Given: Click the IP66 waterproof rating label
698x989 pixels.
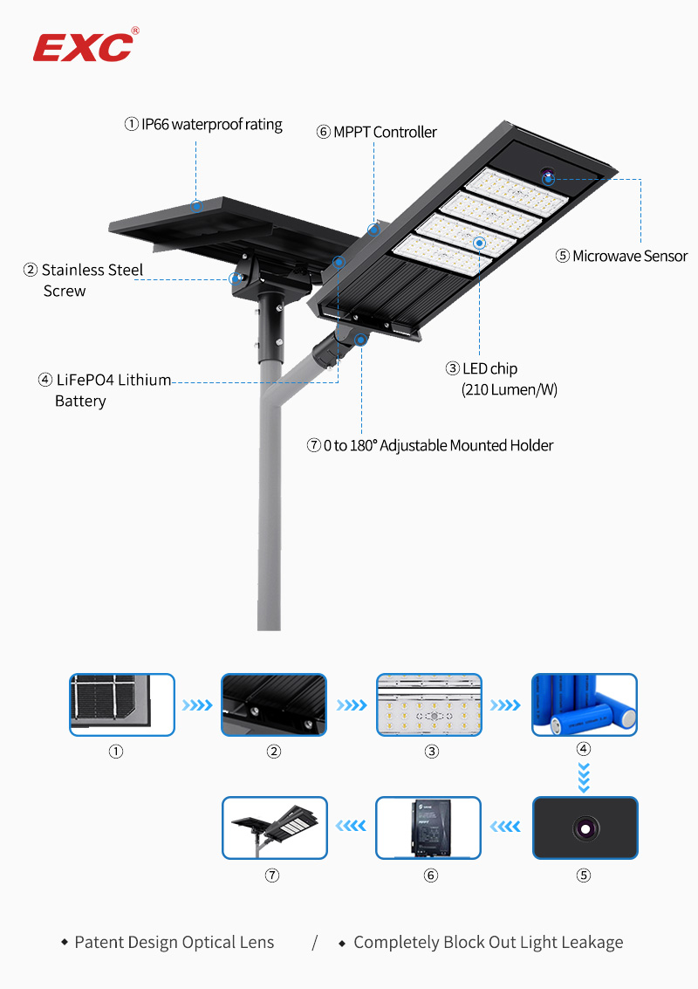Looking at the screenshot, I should tap(204, 125).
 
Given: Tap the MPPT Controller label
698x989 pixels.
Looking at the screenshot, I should tap(377, 133).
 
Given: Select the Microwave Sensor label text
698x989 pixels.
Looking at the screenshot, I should tap(622, 257).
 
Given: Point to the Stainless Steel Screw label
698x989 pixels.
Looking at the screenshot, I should tap(84, 280).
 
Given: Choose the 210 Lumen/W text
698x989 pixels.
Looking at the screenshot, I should tap(509, 390).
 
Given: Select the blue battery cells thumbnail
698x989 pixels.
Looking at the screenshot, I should tap(585, 704).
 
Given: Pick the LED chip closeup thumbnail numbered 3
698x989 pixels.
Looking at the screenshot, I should tap(429, 704).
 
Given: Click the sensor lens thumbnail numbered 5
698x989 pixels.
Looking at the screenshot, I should tap(585, 827).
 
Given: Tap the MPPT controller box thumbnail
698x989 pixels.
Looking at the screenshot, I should tap(428, 827).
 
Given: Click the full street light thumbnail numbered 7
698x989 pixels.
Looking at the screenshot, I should tap(275, 827).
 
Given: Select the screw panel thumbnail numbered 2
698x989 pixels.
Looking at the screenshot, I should tap(274, 704).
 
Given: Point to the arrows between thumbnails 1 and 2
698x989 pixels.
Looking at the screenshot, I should tap(197, 704).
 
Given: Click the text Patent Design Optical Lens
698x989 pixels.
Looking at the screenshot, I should tap(174, 943).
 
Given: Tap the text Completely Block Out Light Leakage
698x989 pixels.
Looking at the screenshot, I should tap(488, 943).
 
